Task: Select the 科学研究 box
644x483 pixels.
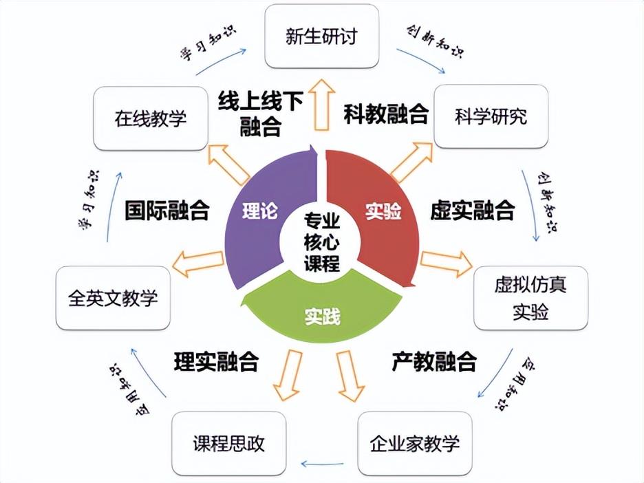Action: coord(491,116)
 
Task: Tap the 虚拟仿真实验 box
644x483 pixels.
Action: coord(530,297)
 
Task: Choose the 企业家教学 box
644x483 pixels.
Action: coord(414,442)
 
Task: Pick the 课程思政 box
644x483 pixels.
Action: coord(228,442)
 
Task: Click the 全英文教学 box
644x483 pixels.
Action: coord(113,298)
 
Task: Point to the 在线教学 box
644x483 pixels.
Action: coord(150,118)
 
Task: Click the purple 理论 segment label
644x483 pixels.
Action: coord(260,211)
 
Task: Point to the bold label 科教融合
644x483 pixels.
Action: coord(386,114)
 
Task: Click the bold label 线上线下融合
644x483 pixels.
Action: coord(261,114)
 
